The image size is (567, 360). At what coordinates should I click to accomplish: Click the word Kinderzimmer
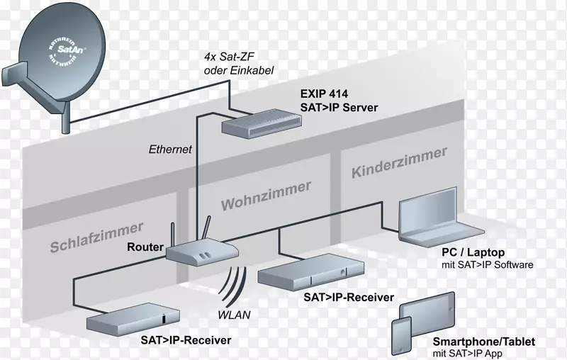400,162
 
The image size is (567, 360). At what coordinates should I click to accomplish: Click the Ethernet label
170,150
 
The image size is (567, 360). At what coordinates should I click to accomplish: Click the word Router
145,247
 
